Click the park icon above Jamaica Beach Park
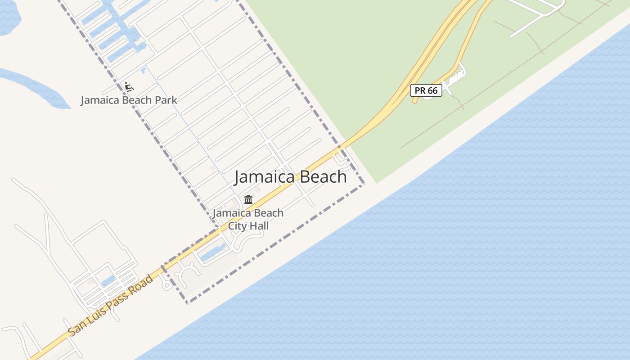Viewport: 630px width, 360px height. tap(129, 86)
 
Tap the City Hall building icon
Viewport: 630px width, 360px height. tap(248, 199)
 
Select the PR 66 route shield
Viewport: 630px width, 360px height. tap(426, 90)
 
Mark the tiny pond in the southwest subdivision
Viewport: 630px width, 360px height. tap(108, 282)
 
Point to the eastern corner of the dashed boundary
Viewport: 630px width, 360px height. tap(363, 184)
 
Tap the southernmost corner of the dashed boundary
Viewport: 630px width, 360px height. tap(187, 302)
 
